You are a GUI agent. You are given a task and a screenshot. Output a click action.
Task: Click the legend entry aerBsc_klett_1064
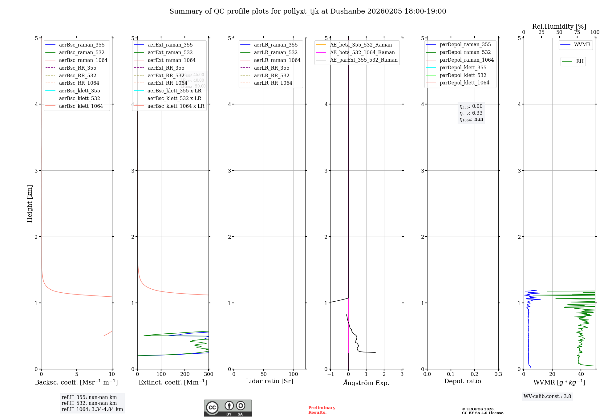(81, 106)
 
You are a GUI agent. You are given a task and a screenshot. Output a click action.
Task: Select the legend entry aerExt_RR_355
(166, 68)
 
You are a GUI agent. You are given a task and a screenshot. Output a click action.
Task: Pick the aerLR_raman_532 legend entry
(276, 53)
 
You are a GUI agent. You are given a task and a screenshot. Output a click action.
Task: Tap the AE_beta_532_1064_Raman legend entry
(362, 53)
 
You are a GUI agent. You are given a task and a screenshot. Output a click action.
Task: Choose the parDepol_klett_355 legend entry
(463, 68)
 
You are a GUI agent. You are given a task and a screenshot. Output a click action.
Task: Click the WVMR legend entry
(582, 45)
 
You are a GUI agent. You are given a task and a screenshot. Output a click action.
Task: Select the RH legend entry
(580, 61)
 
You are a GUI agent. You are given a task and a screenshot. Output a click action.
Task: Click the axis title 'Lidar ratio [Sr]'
(269, 381)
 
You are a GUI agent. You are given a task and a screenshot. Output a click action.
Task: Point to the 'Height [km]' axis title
(30, 203)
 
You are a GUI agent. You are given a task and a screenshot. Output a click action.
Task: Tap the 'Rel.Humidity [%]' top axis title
(559, 26)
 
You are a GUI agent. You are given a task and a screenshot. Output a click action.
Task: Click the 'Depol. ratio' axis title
(462, 381)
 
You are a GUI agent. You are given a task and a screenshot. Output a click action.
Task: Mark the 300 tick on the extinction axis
(209, 374)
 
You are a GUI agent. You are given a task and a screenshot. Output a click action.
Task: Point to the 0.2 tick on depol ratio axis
(475, 374)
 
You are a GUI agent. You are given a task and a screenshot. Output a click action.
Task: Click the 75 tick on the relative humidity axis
(577, 32)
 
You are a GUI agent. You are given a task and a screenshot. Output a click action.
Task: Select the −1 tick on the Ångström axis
(330, 374)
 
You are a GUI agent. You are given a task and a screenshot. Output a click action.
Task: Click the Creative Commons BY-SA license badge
(228, 408)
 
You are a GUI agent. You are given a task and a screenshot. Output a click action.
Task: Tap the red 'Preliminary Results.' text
(322, 410)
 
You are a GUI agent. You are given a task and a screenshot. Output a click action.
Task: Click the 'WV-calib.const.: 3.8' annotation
(547, 397)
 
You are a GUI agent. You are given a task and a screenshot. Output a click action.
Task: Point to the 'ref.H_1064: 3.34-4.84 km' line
(92, 409)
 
